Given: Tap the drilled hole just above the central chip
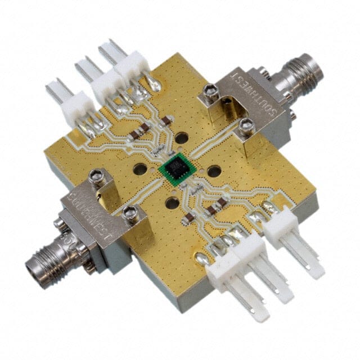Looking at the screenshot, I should coord(181,137).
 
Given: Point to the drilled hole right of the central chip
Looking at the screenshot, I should coord(214,171).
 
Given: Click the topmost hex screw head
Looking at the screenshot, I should coord(210,88).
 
